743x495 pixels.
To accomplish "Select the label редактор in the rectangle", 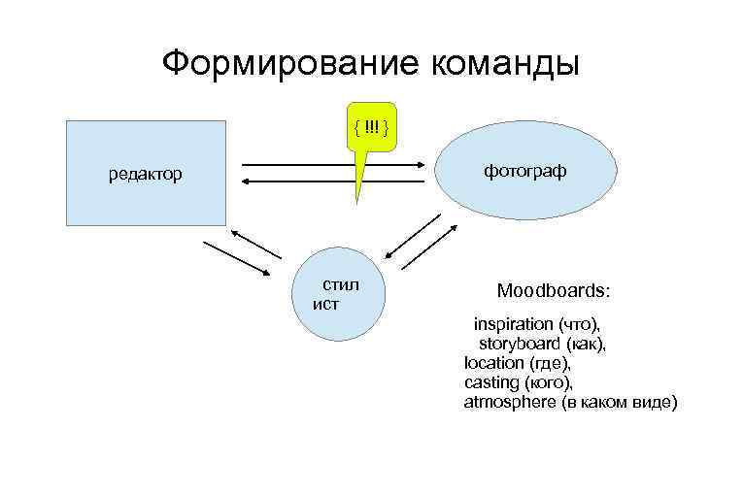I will click(145, 176).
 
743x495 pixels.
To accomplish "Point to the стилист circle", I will click(336, 294).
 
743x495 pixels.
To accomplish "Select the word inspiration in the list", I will click(513, 323).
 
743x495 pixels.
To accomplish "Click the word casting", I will click(491, 381).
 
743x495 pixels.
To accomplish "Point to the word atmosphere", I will click(510, 402).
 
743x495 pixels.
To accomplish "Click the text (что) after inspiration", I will click(579, 323).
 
